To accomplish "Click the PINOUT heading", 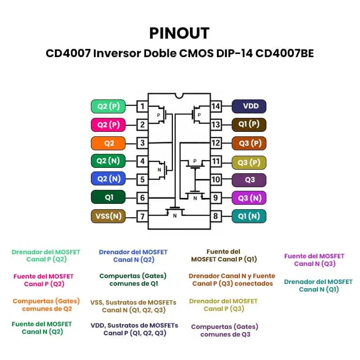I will tap(180, 33).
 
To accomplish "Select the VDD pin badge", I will tap(249, 106).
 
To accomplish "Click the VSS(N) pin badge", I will tap(108, 216).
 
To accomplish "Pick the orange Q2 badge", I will tap(108, 143).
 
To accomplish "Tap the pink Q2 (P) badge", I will tap(108, 125).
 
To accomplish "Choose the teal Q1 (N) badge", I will tap(249, 216).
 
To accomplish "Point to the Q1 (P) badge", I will tap(249, 125).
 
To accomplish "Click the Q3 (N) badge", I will tap(249, 198).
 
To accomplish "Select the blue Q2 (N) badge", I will tap(108, 179).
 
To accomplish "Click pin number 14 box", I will tap(216, 107).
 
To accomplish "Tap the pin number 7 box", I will tap(142, 216).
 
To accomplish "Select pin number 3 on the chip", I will tap(142, 144).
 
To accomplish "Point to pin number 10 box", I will tap(216, 180).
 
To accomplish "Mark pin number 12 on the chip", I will tap(216, 143).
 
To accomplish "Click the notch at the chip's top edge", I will tap(180, 95).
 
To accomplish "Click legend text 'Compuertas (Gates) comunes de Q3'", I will tap(225, 330).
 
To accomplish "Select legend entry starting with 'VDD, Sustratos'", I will tap(135, 329).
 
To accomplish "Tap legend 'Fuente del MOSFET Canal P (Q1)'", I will tap(224, 256).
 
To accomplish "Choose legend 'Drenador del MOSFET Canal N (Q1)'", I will tap(318, 285).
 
